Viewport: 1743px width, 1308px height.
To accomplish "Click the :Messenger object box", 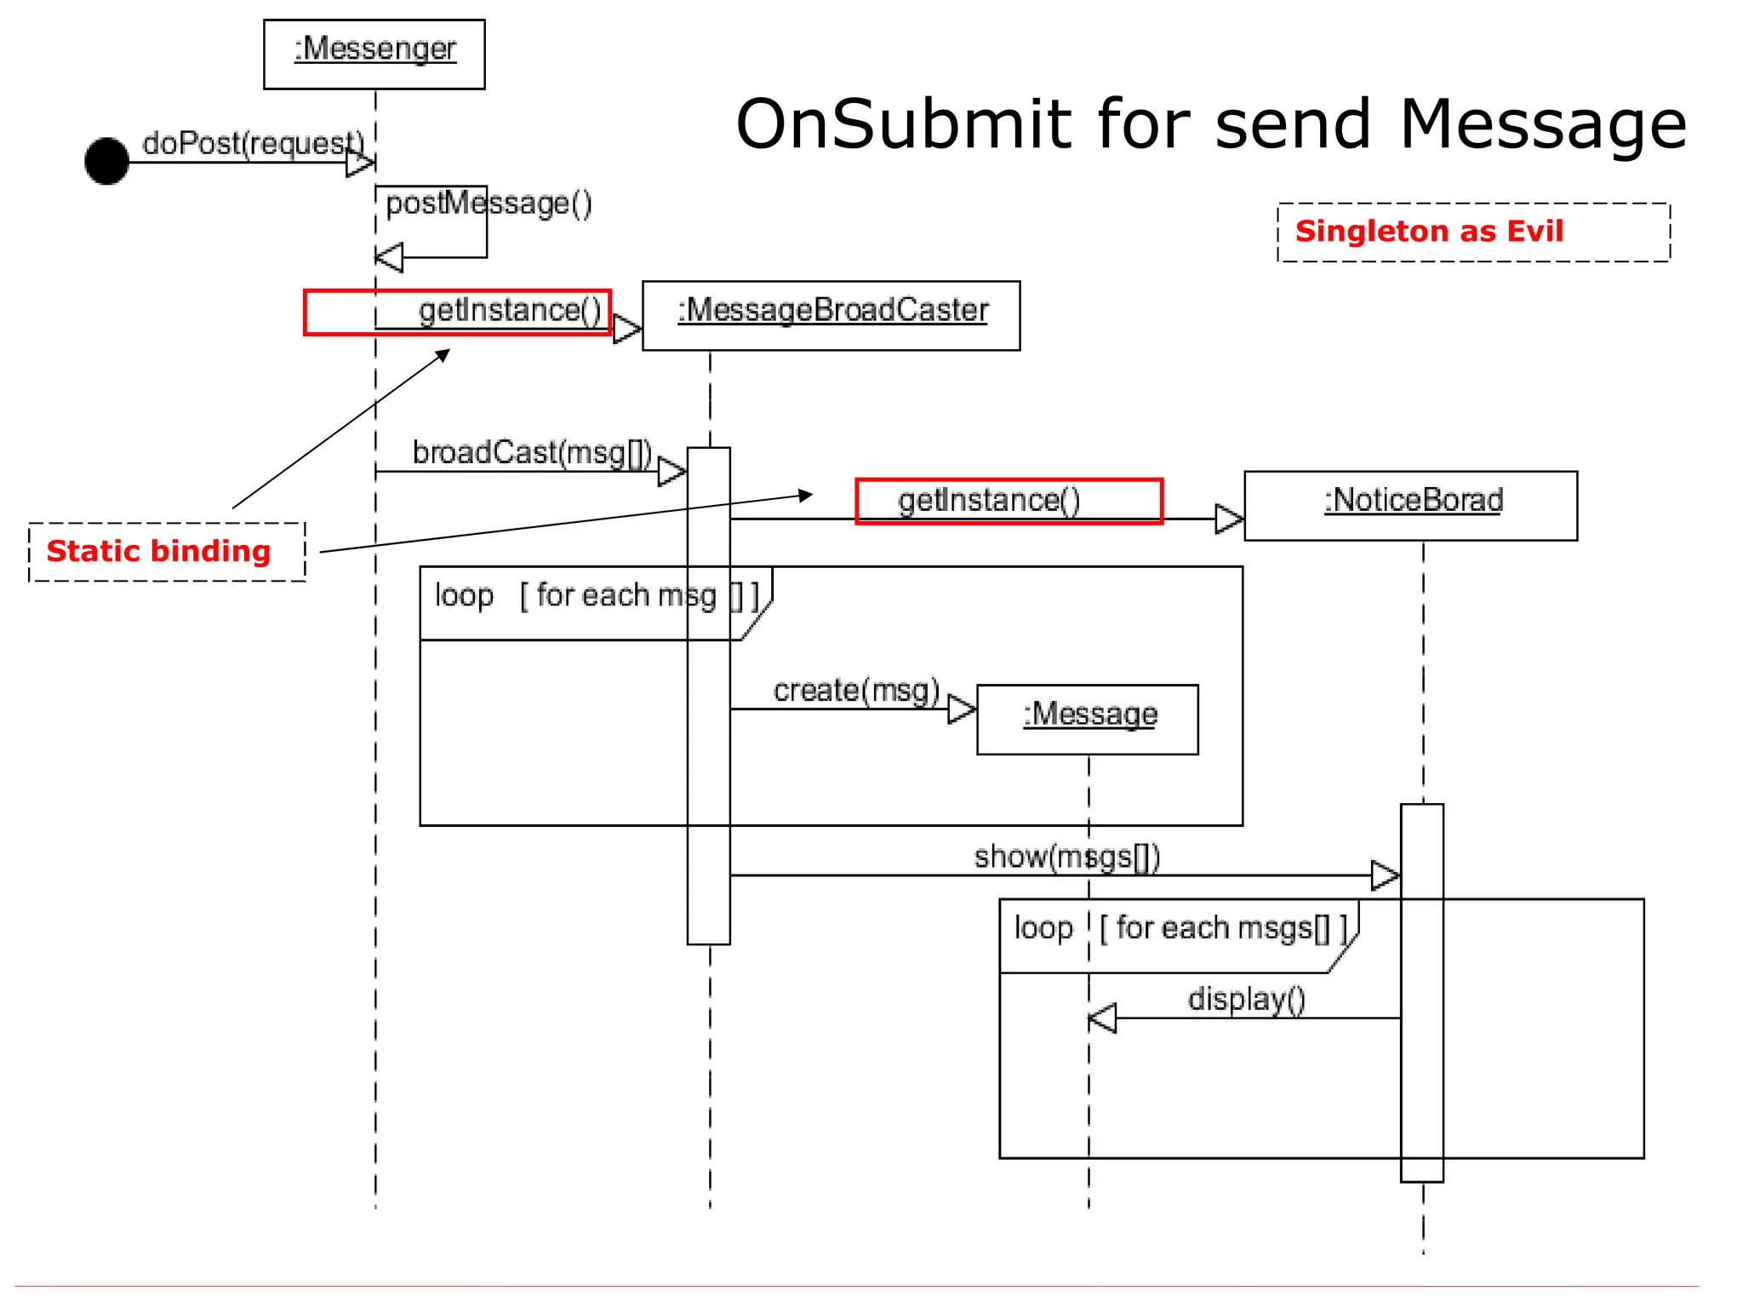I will pos(374,54).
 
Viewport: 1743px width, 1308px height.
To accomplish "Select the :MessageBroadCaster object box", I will pos(831,315).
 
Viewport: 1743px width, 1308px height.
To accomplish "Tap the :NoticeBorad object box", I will pos(1410,505).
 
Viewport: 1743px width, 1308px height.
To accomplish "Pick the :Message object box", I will pos(1088,719).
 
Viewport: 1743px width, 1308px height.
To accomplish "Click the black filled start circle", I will pos(107,161).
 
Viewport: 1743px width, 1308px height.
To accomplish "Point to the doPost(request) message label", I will pos(252,143).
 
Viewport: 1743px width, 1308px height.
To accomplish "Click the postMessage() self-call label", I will pos(489,204).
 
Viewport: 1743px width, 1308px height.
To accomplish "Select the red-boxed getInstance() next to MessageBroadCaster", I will pos(458,312).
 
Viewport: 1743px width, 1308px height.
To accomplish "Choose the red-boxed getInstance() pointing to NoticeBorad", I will pos(1009,501).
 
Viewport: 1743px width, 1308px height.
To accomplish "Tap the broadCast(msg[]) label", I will pos(532,452).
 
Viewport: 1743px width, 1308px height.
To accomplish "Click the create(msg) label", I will pos(855,690).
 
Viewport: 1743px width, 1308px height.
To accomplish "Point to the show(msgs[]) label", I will pos(1066,856).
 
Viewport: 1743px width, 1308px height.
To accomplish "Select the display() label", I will pos(1246,998).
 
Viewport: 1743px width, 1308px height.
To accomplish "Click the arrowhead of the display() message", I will pos(1102,1018).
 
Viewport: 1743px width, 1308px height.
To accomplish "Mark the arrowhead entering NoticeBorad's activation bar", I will pos(1386,875).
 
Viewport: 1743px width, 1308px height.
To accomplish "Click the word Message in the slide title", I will pos(1542,124).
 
